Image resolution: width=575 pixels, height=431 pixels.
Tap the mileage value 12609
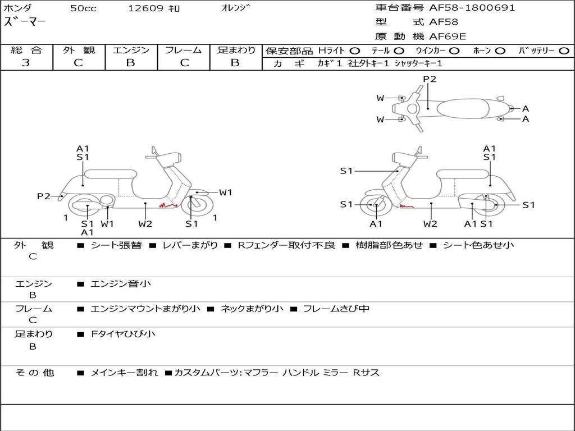145,8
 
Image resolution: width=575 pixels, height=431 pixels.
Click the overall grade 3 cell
26,63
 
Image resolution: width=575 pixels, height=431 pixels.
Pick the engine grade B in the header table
130,63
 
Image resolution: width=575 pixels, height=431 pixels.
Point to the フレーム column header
183,51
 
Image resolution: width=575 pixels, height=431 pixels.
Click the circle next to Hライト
355,51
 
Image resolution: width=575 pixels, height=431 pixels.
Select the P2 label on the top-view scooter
430,79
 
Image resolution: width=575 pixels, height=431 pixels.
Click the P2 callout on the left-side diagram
44,196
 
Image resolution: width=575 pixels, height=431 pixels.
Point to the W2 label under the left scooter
145,224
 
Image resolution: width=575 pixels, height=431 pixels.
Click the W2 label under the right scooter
431,224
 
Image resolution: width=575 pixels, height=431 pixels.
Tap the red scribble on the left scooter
168,205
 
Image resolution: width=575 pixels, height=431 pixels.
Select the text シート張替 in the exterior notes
116,245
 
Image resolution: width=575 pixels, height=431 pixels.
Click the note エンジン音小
121,284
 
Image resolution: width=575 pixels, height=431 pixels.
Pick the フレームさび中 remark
336,309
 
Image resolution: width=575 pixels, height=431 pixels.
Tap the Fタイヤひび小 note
123,334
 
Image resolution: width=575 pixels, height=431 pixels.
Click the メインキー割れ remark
124,373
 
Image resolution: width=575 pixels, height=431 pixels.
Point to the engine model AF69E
448,37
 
